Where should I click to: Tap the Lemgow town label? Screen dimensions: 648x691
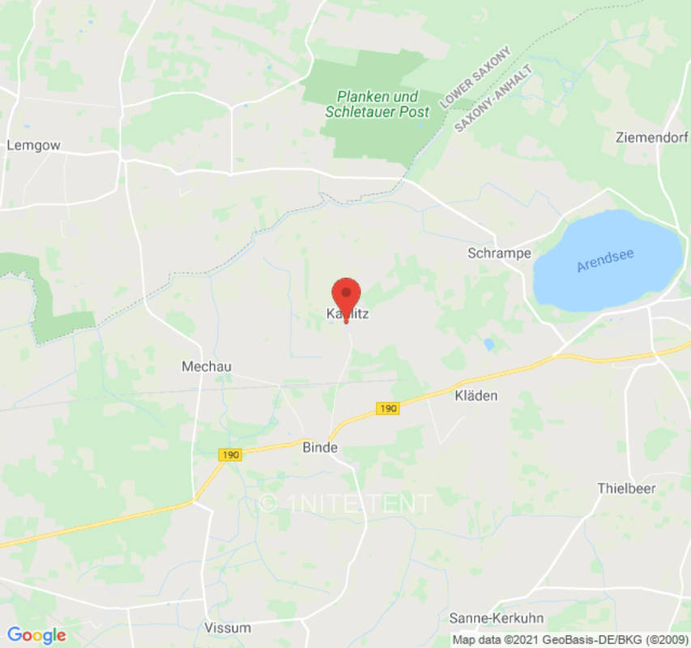pyautogui.click(x=33, y=146)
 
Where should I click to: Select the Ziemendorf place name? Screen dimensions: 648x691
pyautogui.click(x=652, y=136)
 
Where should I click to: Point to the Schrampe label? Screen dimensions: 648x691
pyautogui.click(x=499, y=254)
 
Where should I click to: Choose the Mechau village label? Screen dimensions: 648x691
pyautogui.click(x=207, y=367)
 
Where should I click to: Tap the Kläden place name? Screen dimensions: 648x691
pyautogui.click(x=475, y=396)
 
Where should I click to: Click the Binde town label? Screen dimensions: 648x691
pyautogui.click(x=319, y=447)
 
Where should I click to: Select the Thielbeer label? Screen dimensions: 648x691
pyautogui.click(x=626, y=488)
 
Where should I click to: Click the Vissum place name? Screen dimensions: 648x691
pyautogui.click(x=228, y=628)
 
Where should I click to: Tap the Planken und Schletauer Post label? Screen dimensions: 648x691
pyautogui.click(x=377, y=105)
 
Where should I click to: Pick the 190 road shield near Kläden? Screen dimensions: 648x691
pyautogui.click(x=388, y=408)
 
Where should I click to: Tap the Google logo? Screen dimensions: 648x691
pyautogui.click(x=36, y=636)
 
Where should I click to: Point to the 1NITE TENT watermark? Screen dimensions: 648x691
pyautogui.click(x=346, y=504)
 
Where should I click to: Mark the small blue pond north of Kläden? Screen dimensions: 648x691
pyautogui.click(x=488, y=344)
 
